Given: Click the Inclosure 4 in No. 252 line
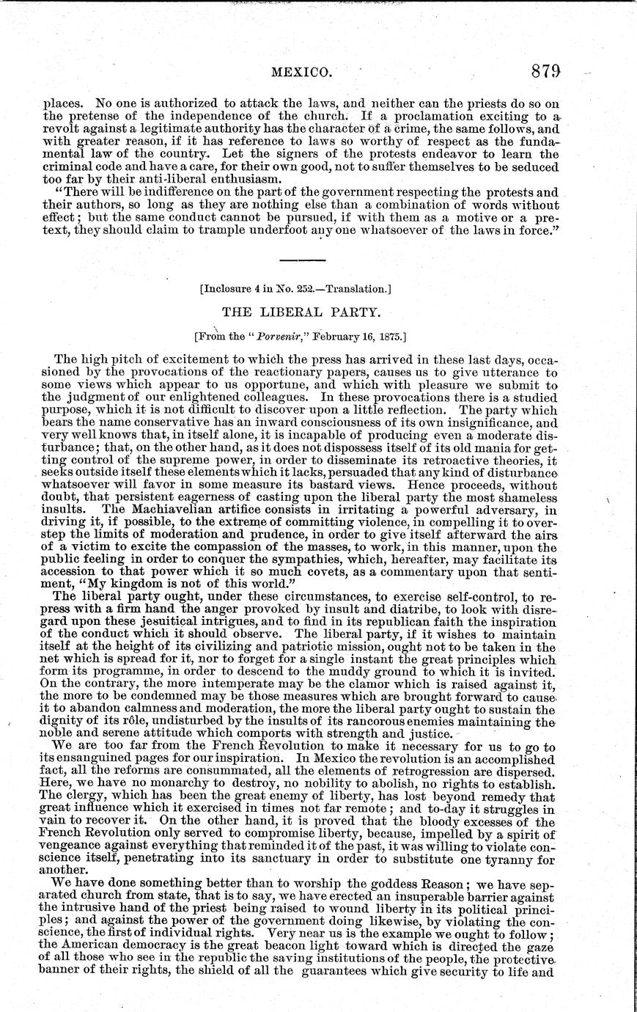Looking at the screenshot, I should (295, 289).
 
